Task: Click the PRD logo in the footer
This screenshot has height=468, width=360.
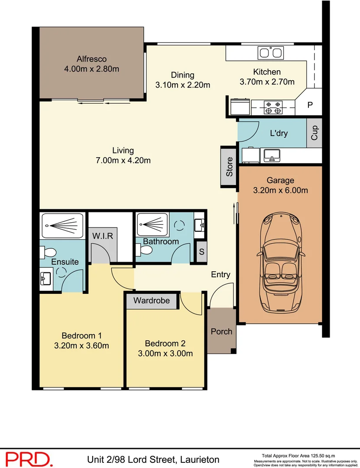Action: click(29, 458)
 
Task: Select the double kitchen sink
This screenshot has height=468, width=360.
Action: click(270, 53)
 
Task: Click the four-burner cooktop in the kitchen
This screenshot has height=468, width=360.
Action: click(273, 107)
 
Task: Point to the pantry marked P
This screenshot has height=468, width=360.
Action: click(310, 105)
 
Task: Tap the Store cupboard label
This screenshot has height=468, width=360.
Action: click(229, 167)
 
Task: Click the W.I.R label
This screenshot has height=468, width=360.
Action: click(102, 236)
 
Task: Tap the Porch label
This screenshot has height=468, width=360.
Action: click(221, 331)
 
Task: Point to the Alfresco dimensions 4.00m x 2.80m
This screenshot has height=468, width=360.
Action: click(91, 68)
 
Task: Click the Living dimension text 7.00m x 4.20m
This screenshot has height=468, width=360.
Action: click(123, 160)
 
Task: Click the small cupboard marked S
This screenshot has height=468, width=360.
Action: click(201, 251)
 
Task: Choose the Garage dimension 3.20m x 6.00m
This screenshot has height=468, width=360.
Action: click(280, 190)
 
